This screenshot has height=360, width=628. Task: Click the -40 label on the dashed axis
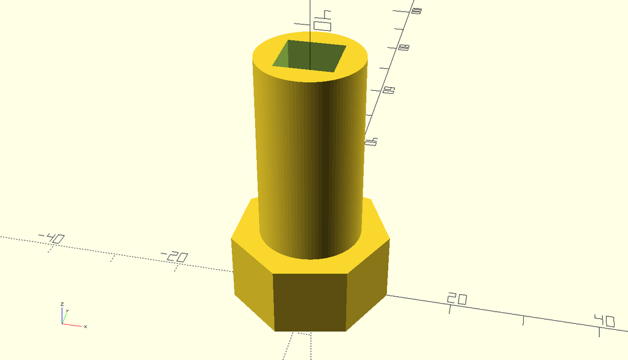(x=52, y=238)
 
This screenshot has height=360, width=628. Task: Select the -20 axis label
(x=174, y=256)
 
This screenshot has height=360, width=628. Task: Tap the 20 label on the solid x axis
(x=457, y=299)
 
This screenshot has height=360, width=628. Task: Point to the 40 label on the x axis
(x=604, y=321)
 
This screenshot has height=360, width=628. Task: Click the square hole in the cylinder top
(x=309, y=56)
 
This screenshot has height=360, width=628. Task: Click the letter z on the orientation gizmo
(x=62, y=304)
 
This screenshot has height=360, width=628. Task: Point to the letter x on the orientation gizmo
(x=85, y=326)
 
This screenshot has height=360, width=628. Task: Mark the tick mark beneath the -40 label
(x=50, y=250)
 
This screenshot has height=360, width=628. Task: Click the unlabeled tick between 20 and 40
(x=523, y=320)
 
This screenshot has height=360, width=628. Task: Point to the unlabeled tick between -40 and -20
(x=112, y=258)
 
